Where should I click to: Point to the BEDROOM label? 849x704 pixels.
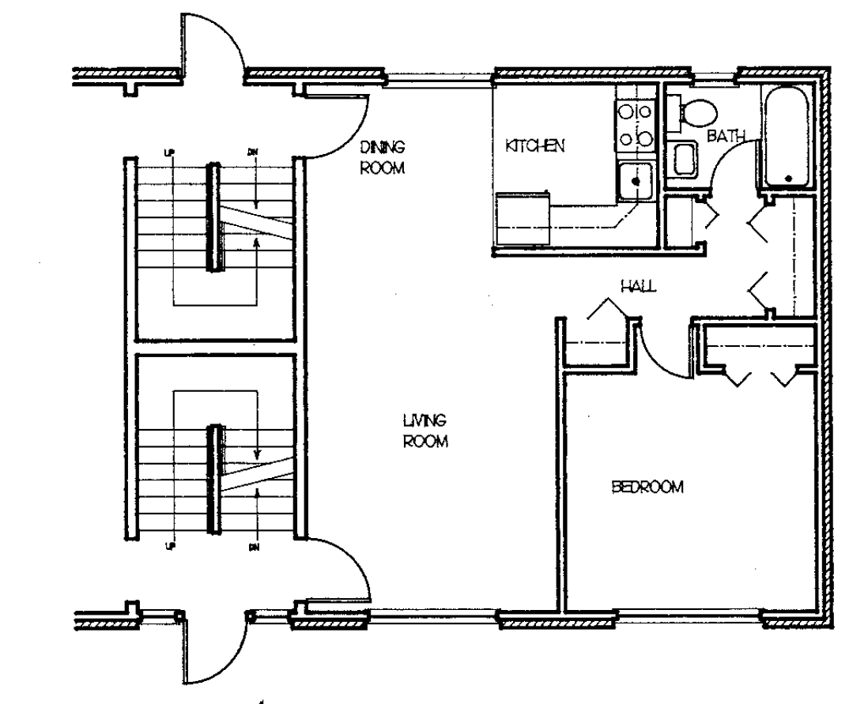tap(647, 487)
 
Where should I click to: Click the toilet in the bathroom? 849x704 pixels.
tap(696, 113)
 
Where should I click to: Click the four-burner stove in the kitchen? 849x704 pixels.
tap(635, 125)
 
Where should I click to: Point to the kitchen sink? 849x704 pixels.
tap(635, 180)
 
